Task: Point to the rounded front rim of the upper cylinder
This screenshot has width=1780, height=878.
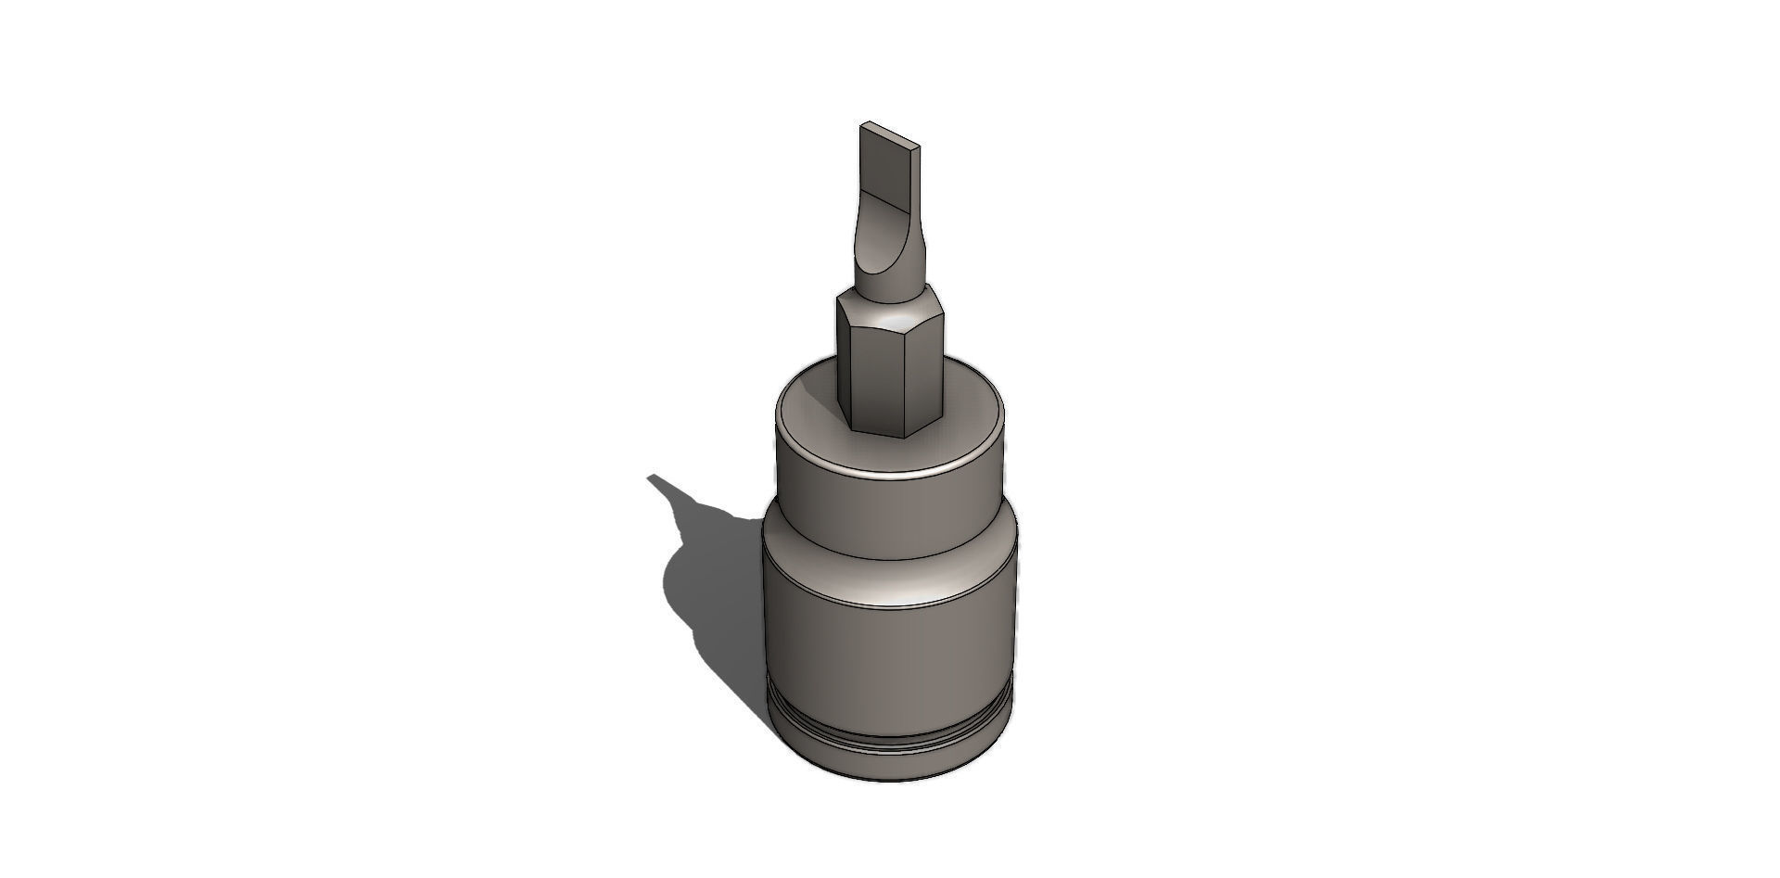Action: coord(890,476)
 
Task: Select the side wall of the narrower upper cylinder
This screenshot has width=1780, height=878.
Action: coord(890,519)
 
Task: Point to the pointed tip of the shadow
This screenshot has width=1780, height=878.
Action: coord(650,477)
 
